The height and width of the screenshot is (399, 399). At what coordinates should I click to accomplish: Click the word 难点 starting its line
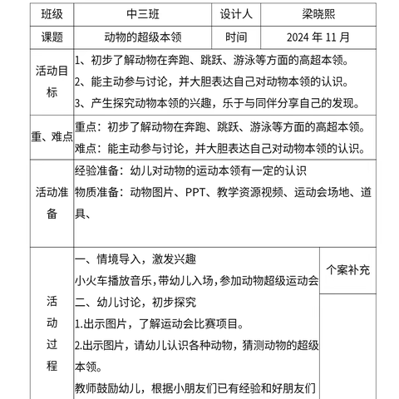tap(87, 148)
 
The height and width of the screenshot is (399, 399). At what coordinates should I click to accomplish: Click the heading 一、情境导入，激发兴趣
tap(135, 259)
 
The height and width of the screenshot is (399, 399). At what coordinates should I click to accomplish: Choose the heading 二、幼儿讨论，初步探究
tap(135, 303)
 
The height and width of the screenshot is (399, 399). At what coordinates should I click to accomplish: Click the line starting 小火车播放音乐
tap(196, 281)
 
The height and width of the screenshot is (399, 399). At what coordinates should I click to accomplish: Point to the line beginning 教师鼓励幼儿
tap(196, 387)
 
